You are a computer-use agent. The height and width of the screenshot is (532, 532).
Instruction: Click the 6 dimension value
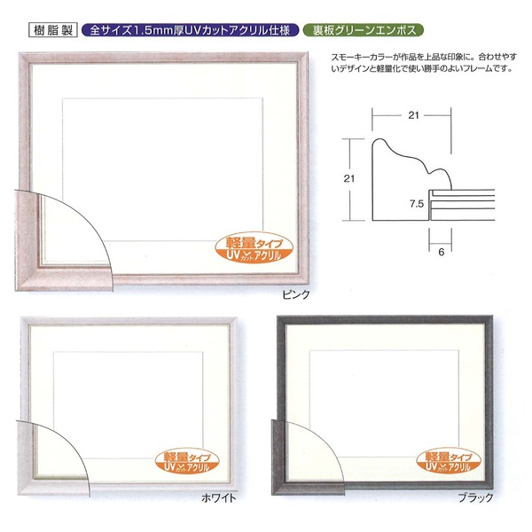(440, 250)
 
